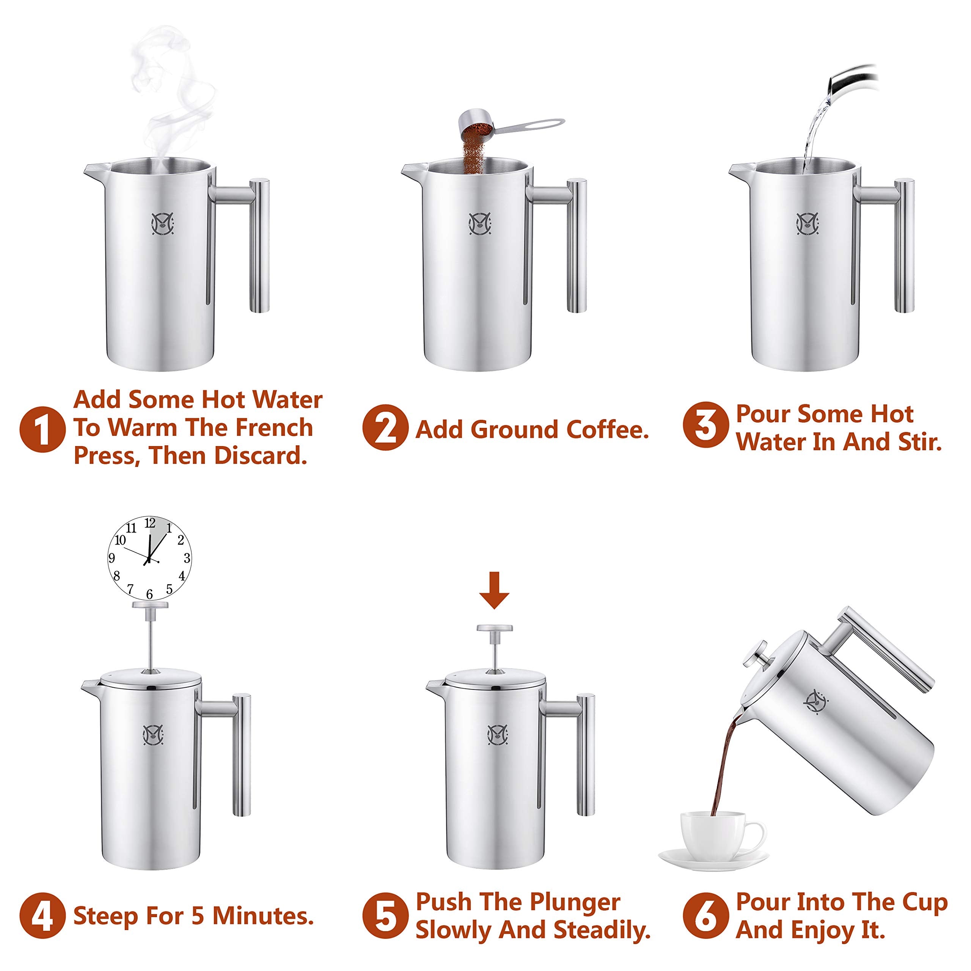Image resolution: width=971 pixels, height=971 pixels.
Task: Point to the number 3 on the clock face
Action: tap(187, 558)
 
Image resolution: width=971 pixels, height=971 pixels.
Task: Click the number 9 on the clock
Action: tap(112, 558)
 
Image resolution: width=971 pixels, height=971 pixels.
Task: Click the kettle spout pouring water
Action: tap(849, 80)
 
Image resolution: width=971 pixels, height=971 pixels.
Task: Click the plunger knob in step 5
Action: tap(495, 628)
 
